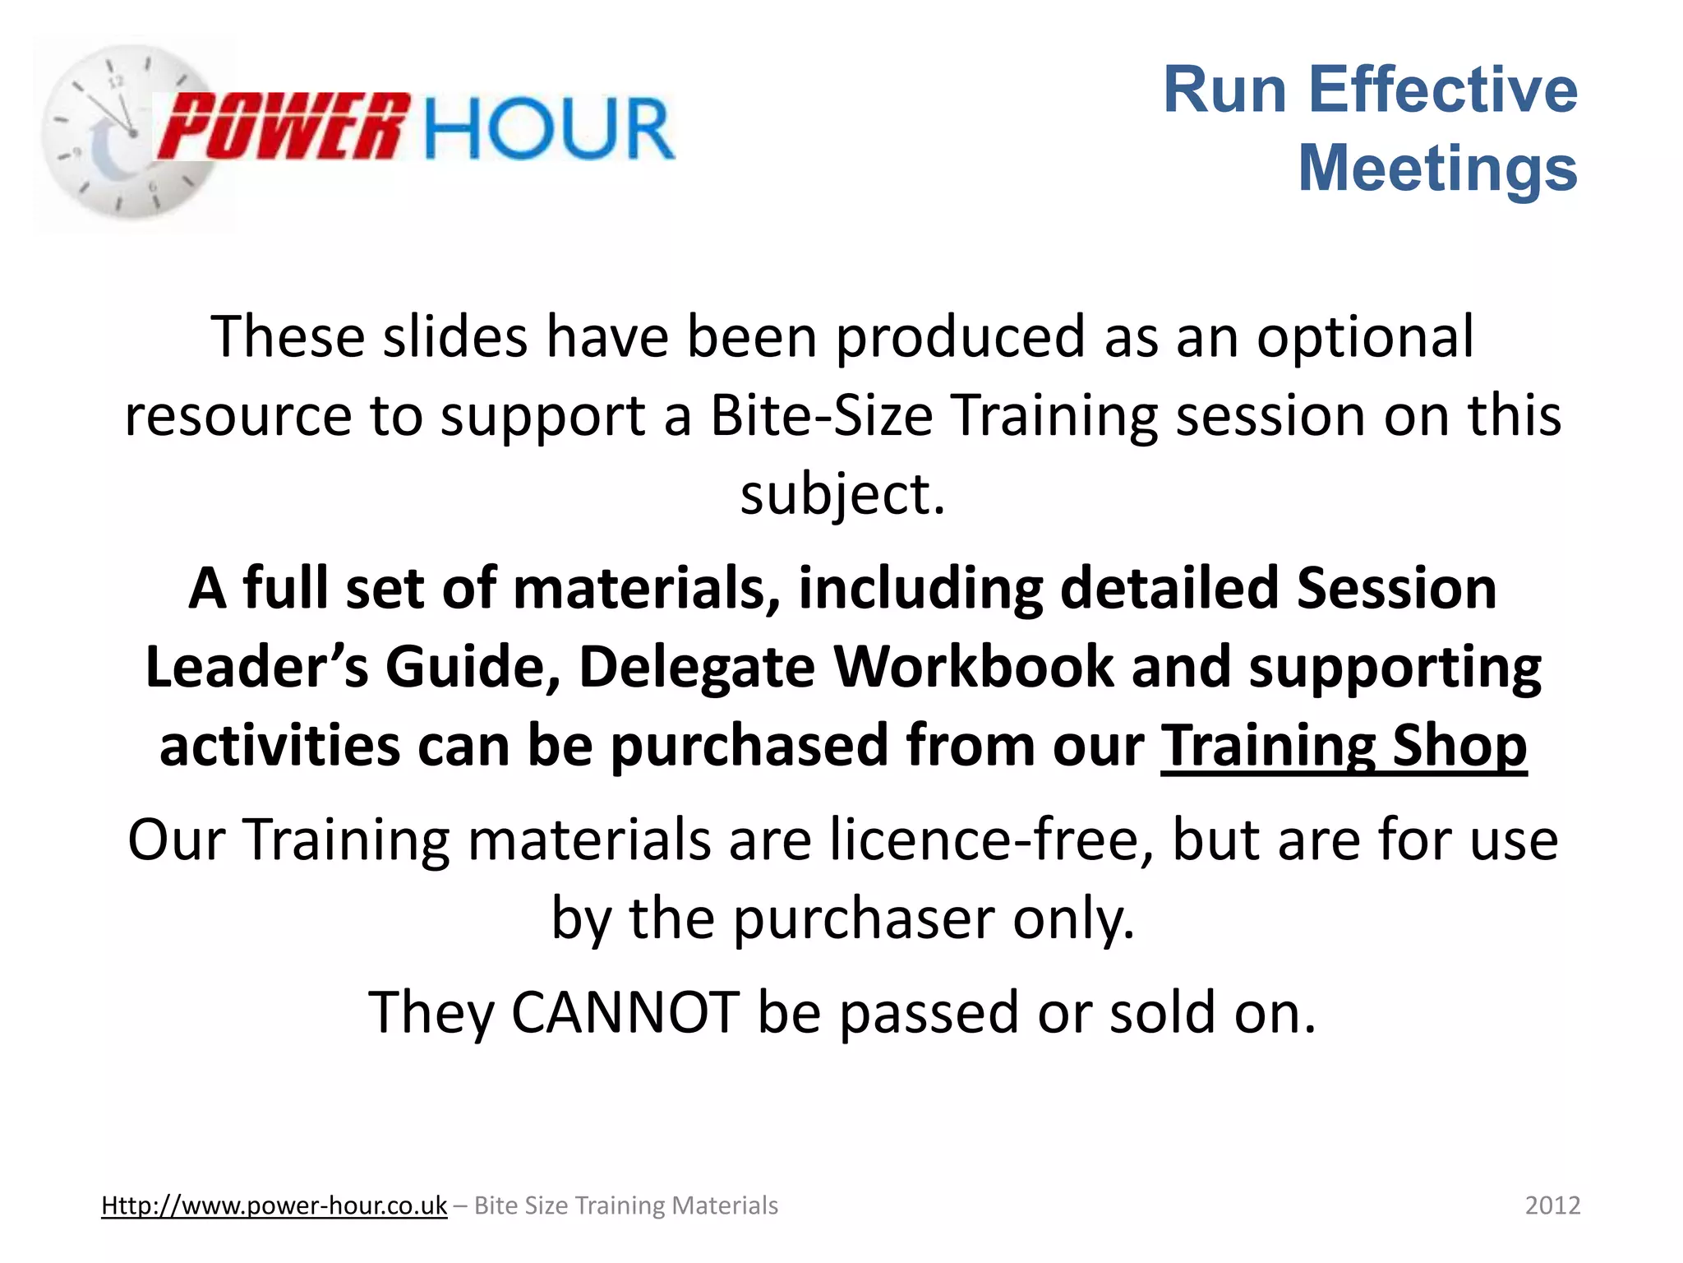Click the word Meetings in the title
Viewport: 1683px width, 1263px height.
pyautogui.click(x=1437, y=168)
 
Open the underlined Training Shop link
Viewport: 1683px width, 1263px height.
pyautogui.click(x=1344, y=745)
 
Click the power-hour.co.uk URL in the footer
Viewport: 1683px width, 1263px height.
pyautogui.click(x=274, y=1205)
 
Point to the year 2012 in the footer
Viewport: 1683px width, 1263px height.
pyautogui.click(x=1552, y=1205)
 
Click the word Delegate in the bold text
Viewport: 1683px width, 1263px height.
pyautogui.click(x=697, y=666)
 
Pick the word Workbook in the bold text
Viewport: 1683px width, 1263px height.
pyautogui.click(x=974, y=666)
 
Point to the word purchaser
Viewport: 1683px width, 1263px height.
pyautogui.click(x=864, y=918)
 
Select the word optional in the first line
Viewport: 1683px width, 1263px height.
pyautogui.click(x=1365, y=337)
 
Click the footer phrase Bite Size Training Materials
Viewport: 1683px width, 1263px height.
pyautogui.click(x=625, y=1205)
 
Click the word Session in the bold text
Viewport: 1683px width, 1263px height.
pyautogui.click(x=1396, y=588)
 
